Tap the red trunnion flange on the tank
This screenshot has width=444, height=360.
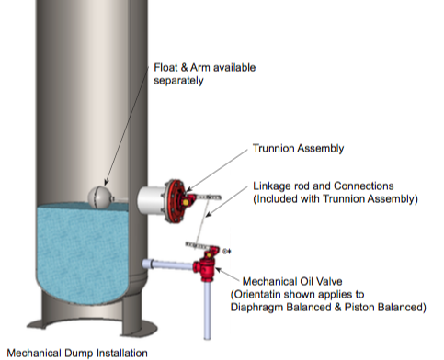(x=172, y=198)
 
